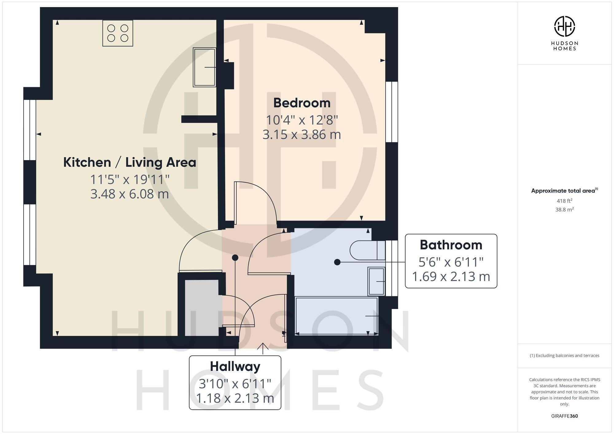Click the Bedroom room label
tap(302, 103)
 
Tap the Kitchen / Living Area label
tap(130, 162)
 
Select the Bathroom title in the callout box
tap(451, 245)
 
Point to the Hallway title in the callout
tap(235, 366)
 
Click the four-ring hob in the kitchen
tap(118, 33)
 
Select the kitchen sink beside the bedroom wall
tap(204, 67)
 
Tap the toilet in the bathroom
tap(367, 250)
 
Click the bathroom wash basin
tap(376, 281)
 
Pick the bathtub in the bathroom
tap(336, 316)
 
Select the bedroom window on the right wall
tap(391, 112)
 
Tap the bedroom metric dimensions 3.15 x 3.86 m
tap(302, 135)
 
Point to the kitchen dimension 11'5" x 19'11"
tap(130, 179)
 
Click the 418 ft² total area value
tap(564, 201)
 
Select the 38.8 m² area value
tap(564, 209)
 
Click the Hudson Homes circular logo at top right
tap(564, 26)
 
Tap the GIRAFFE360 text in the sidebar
tap(564, 416)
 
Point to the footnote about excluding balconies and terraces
tap(564, 355)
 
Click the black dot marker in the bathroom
tap(337, 262)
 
